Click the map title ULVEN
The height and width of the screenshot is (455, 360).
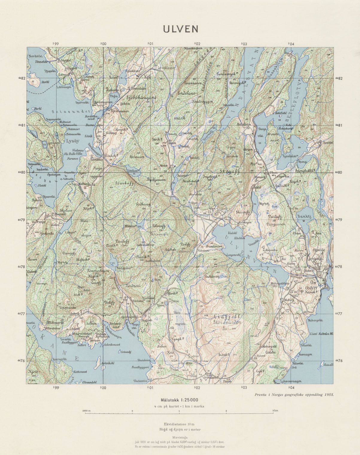pyautogui.click(x=180, y=29)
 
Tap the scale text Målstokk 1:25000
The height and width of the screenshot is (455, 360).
pyautogui.click(x=179, y=400)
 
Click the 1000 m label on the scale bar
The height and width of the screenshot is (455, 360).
pyautogui.click(x=86, y=410)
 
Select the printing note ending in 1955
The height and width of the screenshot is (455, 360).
pyautogui.click(x=293, y=394)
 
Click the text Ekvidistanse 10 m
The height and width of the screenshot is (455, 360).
pyautogui.click(x=179, y=424)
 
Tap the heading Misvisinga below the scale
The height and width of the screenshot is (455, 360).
pyautogui.click(x=179, y=437)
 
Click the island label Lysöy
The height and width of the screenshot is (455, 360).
pyautogui.click(x=72, y=140)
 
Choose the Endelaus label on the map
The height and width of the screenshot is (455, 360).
pyautogui.click(x=186, y=93)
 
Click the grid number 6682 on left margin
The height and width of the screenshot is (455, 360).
pyautogui.click(x=22, y=78)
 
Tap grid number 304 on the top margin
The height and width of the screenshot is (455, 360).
pyautogui.click(x=291, y=44)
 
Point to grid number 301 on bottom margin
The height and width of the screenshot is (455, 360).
pyautogui.click(x=150, y=388)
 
